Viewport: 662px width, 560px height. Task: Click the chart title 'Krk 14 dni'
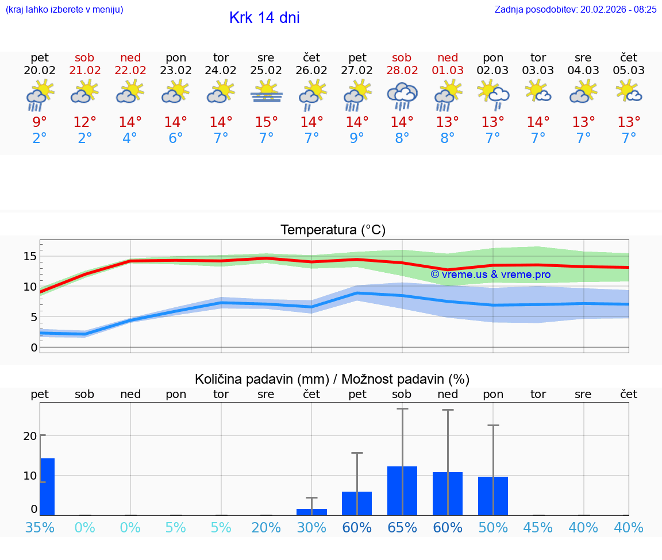pos(264,18)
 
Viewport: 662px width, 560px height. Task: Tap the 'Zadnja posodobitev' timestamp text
pos(575,9)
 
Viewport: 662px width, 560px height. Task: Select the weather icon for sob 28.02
pos(402,95)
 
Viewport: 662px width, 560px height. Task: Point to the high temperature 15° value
pos(266,122)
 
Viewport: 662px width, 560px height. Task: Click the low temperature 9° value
pos(357,138)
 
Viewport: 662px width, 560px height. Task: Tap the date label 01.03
pos(448,71)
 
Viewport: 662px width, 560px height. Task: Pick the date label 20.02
pos(40,71)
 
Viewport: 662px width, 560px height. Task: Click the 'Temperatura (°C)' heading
pos(333,230)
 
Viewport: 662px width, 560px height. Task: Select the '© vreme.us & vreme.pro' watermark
pos(491,275)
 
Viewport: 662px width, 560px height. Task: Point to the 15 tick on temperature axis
pos(30,256)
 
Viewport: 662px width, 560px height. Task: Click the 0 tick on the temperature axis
pos(34,347)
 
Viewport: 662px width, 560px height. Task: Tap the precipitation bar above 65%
pos(402,491)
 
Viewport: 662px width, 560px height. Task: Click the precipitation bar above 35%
pos(47,486)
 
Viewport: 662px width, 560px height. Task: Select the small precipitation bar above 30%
pos(311,512)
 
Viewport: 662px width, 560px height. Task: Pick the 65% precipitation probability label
pos(402,528)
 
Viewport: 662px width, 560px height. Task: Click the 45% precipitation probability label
pos(538,528)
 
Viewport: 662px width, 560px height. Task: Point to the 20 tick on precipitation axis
pos(30,436)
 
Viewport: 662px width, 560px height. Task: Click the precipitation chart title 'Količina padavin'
pos(332,379)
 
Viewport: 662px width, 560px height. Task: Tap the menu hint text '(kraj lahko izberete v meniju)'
pos(64,9)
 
